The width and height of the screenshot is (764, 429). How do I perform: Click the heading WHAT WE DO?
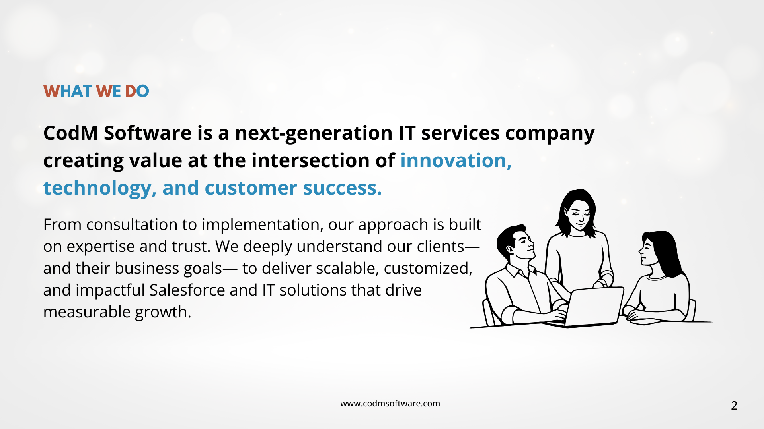click(x=96, y=91)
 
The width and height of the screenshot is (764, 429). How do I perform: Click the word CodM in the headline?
click(x=71, y=133)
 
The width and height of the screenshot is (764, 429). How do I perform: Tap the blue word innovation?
click(x=456, y=160)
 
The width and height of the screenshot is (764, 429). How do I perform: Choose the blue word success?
click(x=342, y=188)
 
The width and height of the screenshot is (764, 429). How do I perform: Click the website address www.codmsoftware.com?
click(x=390, y=404)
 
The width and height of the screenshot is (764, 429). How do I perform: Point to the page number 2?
click(x=734, y=406)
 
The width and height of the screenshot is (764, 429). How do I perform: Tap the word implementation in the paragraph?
click(x=262, y=225)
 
